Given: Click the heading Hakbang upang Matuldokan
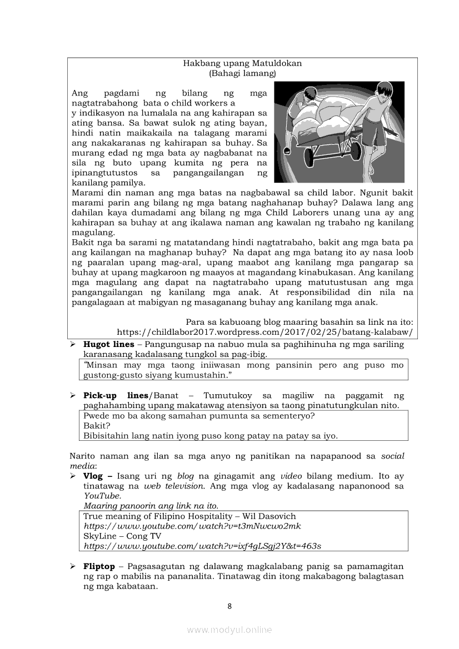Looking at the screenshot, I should coord(242,63).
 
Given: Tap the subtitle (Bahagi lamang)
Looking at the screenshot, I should coord(242,73).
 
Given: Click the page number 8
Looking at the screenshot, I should coord(229,606).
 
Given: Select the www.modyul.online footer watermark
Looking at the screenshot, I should coord(229,630).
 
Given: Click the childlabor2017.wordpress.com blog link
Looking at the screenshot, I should coord(265,333).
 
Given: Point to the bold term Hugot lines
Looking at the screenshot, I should coord(108,344).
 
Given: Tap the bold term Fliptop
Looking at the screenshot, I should coord(99,566).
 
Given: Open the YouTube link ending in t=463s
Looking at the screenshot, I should coord(202,546).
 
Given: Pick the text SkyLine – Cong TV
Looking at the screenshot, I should coord(122,536).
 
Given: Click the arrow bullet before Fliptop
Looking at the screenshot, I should coord(73,566).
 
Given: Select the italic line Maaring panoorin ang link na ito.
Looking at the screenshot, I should coord(151,506).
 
